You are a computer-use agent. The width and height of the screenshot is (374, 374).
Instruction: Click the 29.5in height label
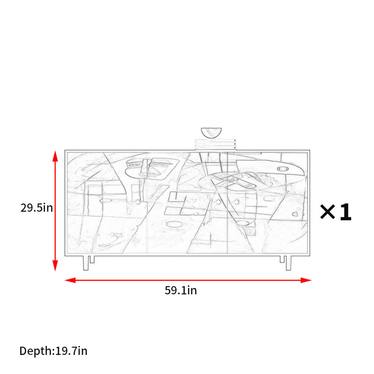[36, 208]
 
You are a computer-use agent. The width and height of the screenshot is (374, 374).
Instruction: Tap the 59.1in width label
[181, 290]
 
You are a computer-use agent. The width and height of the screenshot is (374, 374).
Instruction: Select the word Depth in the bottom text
[36, 351]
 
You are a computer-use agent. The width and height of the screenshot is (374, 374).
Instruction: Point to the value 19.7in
[72, 351]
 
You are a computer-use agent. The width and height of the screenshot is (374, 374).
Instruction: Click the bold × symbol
[328, 212]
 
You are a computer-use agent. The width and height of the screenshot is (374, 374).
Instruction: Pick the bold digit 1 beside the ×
[345, 212]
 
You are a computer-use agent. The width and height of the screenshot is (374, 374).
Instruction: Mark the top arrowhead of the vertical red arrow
[55, 156]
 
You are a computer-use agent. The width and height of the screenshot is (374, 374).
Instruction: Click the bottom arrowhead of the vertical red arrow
[55, 266]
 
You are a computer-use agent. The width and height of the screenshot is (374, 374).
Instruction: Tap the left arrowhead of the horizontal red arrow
[70, 280]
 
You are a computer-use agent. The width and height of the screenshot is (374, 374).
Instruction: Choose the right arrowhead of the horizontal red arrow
[306, 280]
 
